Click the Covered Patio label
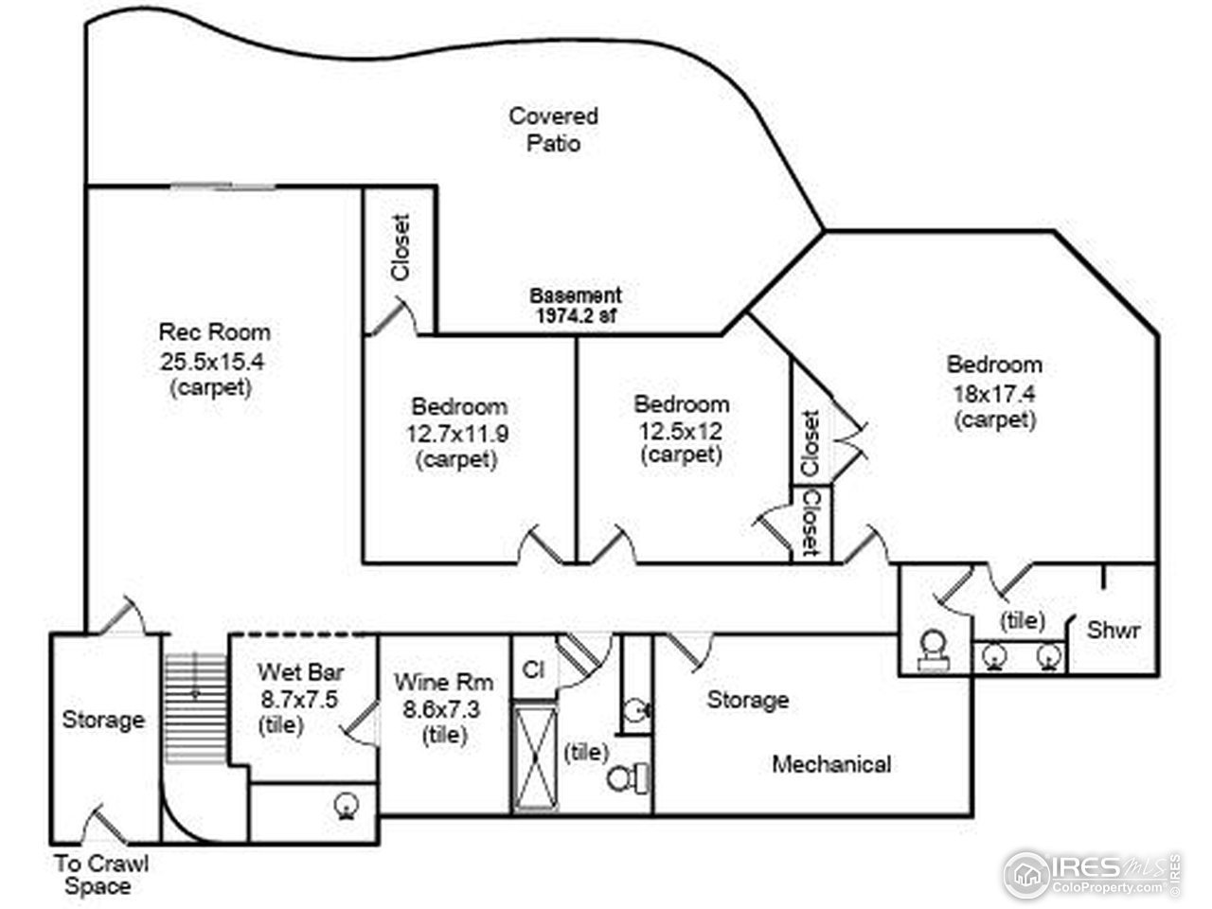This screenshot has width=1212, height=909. click(554, 130)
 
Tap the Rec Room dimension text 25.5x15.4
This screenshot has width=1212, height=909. click(213, 361)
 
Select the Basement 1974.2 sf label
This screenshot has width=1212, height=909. click(575, 306)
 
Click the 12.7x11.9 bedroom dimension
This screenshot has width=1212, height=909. click(458, 433)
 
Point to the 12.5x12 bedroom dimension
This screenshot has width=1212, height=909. click(681, 430)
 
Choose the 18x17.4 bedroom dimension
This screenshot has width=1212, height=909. click(994, 391)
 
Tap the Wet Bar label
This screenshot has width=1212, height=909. click(301, 672)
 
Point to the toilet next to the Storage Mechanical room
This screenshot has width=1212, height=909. click(628, 779)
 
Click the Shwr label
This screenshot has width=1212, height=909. click(1114, 630)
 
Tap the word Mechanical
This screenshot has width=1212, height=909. click(831, 763)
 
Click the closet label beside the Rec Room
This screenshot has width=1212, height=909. click(401, 247)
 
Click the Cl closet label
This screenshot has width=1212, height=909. click(533, 668)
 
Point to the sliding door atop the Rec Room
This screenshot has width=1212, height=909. click(223, 187)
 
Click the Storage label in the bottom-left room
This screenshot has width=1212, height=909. click(103, 720)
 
